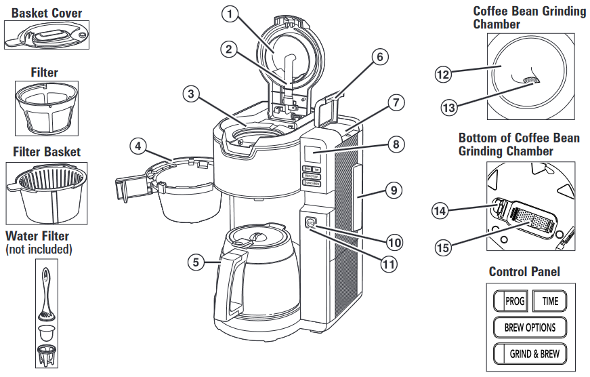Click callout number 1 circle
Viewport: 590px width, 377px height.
(232, 13)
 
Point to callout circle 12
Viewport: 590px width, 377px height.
(442, 75)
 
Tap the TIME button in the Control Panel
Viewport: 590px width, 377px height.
(549, 300)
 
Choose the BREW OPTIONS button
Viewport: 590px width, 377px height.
(530, 327)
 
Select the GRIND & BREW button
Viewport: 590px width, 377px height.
(530, 353)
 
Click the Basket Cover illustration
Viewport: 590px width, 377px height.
(46, 34)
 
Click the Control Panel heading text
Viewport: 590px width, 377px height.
(524, 272)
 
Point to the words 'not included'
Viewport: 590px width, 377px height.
(39, 250)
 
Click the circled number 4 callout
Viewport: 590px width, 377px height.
(138, 144)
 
